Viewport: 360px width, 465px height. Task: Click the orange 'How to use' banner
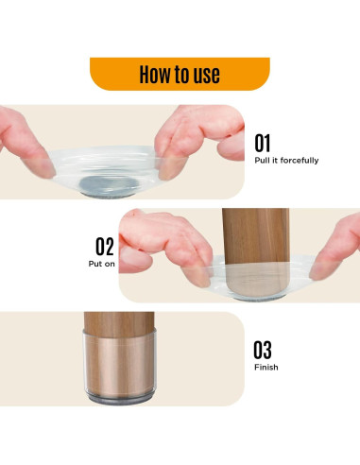pyautogui.click(x=180, y=74)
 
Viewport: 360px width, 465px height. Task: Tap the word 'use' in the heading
pyautogui.click(x=206, y=76)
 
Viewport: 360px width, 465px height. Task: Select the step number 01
pyautogui.click(x=263, y=143)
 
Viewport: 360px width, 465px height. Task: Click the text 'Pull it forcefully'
pyautogui.click(x=286, y=161)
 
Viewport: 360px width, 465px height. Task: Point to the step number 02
pyautogui.click(x=105, y=247)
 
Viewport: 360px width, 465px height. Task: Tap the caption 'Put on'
pyautogui.click(x=101, y=264)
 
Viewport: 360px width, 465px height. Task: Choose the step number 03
pyautogui.click(x=263, y=350)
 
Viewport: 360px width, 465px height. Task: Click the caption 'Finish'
pyautogui.click(x=266, y=368)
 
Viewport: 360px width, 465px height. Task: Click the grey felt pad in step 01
pyautogui.click(x=109, y=186)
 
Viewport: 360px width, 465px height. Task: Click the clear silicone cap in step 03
pyautogui.click(x=120, y=365)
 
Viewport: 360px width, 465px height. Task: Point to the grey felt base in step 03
pyautogui.click(x=120, y=400)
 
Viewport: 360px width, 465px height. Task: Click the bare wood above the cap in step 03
pyautogui.click(x=119, y=321)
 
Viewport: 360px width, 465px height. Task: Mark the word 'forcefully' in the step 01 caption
pyautogui.click(x=300, y=161)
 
